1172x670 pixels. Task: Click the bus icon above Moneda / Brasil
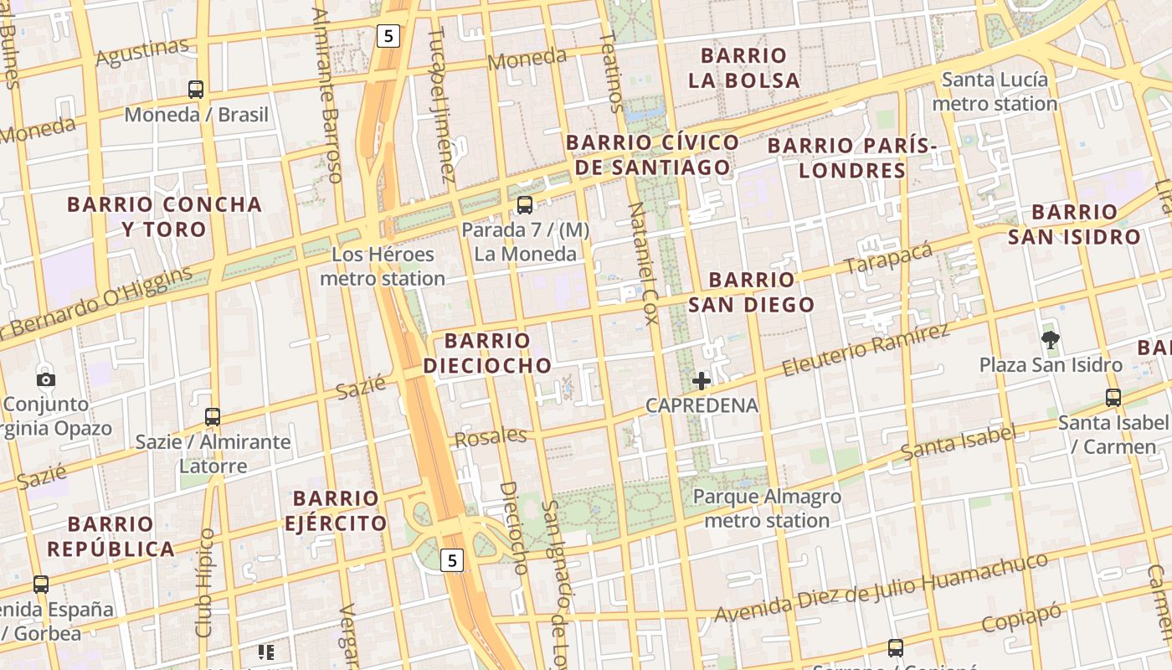pyautogui.click(x=196, y=89)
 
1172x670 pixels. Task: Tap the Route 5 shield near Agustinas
pyautogui.click(x=388, y=35)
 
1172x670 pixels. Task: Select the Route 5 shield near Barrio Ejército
pyautogui.click(x=452, y=560)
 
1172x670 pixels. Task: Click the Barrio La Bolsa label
pyautogui.click(x=743, y=68)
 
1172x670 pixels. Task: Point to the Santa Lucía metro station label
pyautogui.click(x=995, y=91)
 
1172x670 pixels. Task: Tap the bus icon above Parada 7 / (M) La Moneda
pyautogui.click(x=525, y=204)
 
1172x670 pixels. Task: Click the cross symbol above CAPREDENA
pyautogui.click(x=702, y=381)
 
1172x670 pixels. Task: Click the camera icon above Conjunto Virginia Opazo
pyautogui.click(x=46, y=379)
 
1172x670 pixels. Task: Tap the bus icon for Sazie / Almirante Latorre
pyautogui.click(x=213, y=416)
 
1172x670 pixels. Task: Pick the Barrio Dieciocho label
pyautogui.click(x=487, y=353)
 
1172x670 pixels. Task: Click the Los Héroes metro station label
pyautogui.click(x=383, y=266)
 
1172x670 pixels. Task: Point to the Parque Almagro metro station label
pyautogui.click(x=767, y=508)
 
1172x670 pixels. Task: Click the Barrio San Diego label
pyautogui.click(x=752, y=291)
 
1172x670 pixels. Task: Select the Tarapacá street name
pyautogui.click(x=888, y=258)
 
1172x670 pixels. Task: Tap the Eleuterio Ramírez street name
pyautogui.click(x=866, y=350)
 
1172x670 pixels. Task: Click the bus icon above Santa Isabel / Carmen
pyautogui.click(x=1113, y=398)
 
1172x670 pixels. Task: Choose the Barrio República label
pyautogui.click(x=111, y=537)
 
